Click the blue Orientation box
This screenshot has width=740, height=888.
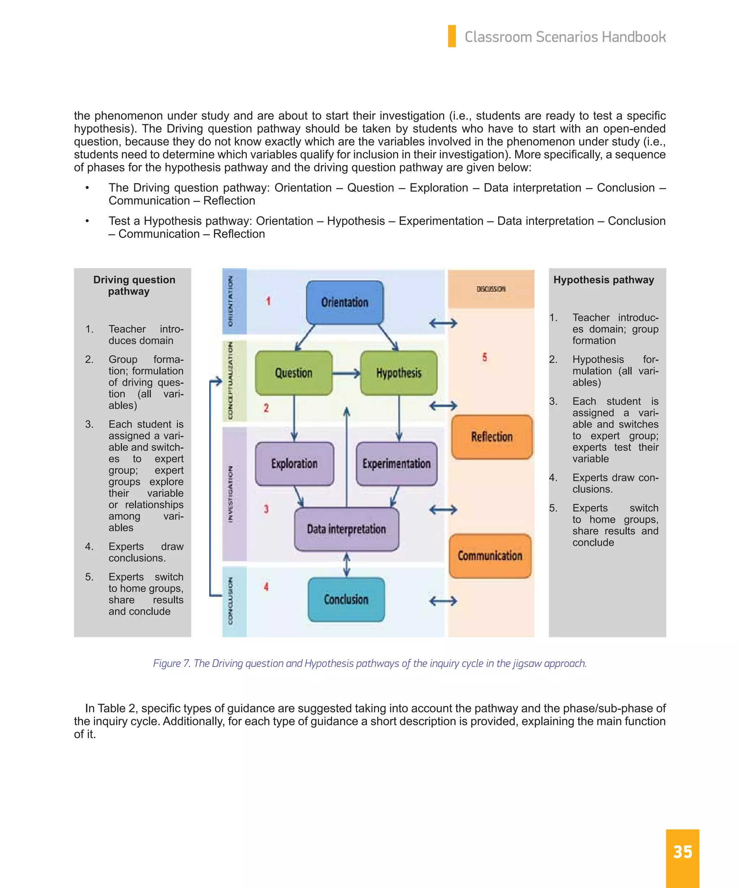coord(345,302)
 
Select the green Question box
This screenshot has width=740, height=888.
coord(294,373)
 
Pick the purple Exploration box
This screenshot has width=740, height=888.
coord(294,464)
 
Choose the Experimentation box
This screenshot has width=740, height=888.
coord(396,464)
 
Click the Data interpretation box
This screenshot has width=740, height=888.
coord(346,529)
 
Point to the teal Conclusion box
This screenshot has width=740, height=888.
coord(346,599)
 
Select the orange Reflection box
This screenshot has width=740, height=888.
coord(492,437)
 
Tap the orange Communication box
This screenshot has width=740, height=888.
coord(490,556)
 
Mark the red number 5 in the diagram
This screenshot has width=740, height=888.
coord(485,357)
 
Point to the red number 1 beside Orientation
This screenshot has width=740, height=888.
coord(268,301)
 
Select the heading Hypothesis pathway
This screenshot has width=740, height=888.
coord(603,280)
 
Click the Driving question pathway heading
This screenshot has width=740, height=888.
coord(134,285)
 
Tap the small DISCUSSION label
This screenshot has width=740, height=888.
coord(491,289)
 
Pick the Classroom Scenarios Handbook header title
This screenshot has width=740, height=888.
coord(565,37)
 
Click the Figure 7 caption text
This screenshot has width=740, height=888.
coord(370,663)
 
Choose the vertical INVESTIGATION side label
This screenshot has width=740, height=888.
coord(231,494)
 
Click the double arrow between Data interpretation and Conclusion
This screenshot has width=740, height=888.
coord(347,565)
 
